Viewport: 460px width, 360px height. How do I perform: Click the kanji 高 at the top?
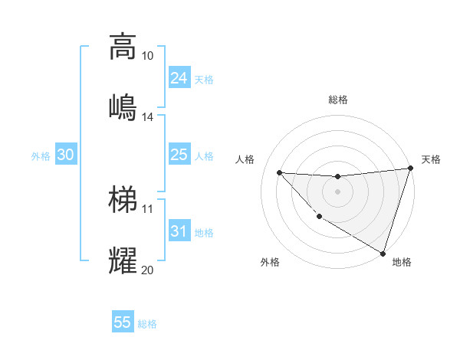point(123,47)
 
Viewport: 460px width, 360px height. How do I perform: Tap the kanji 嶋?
point(123,107)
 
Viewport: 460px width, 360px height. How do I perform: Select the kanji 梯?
point(123,200)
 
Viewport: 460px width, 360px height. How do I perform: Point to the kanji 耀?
point(123,261)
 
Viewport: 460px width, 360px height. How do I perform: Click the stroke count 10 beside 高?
point(148,56)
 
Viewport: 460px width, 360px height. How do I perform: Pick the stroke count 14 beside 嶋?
point(148,117)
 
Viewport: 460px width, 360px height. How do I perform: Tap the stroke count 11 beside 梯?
point(148,208)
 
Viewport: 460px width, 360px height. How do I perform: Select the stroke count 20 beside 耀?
point(148,270)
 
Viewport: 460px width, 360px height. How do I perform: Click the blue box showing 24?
point(179,78)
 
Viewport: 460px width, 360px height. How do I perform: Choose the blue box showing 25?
point(179,155)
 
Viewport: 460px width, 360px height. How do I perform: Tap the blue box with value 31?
point(179,231)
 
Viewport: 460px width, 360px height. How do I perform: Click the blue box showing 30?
point(66,155)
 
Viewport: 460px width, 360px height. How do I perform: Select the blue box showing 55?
point(123,322)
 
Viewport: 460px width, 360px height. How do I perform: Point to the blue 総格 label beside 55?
point(147,324)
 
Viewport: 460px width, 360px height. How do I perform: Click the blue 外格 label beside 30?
point(41,156)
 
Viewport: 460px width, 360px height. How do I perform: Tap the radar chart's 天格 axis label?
point(431,159)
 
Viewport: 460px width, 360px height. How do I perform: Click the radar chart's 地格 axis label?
point(402,262)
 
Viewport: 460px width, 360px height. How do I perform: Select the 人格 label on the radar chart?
point(245,159)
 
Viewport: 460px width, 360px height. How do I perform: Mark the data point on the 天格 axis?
point(410,169)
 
